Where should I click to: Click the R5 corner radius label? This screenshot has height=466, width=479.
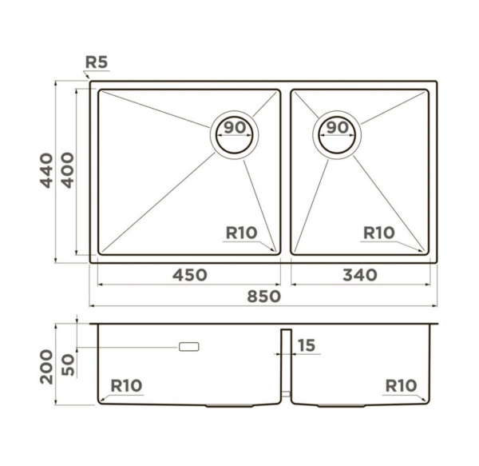97,62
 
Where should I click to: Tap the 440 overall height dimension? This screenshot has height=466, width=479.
46,170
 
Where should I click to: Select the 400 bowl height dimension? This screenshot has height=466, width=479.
68,170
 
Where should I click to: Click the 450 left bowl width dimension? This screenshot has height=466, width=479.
190,275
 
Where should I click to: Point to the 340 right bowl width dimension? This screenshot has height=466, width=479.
360,275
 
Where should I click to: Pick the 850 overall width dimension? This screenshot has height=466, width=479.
263,297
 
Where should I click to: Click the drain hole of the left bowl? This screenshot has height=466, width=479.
234,135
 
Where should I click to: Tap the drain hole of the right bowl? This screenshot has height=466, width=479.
337,135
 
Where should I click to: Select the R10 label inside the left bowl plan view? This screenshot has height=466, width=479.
241,233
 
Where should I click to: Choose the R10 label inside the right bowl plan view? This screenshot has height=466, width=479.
378,233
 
